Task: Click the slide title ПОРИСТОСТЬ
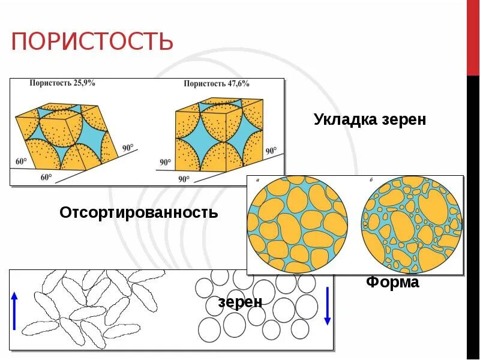coord(92,42)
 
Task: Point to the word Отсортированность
coord(139,212)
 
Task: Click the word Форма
coord(392,283)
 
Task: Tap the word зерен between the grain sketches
coord(240,302)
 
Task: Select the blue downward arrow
coord(327,306)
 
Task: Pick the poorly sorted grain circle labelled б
coord(412,224)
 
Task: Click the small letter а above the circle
coord(257,179)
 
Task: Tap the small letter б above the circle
coord(372,179)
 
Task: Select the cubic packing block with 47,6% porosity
coord(220,136)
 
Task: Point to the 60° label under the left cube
coord(46,177)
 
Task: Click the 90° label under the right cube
coord(184,179)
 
